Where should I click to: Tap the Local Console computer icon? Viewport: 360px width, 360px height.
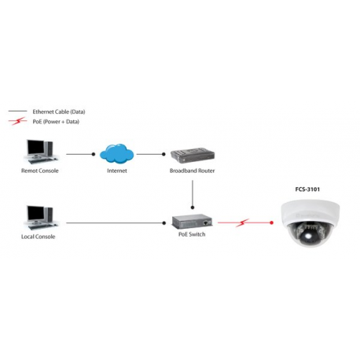click(x=39, y=216)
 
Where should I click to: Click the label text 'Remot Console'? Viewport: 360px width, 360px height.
click(x=39, y=170)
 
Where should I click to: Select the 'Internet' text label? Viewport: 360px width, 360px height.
click(x=117, y=170)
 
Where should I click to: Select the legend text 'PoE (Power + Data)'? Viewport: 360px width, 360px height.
click(x=55, y=122)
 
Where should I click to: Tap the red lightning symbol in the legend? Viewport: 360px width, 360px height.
click(x=17, y=122)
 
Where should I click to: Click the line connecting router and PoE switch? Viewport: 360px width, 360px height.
click(x=192, y=192)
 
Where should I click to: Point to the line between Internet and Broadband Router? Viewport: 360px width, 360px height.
click(x=153, y=154)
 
